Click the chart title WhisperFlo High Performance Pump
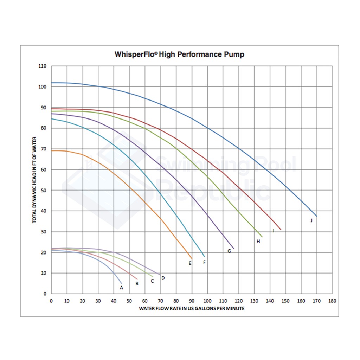[x=179, y=54]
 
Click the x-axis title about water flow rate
[x=192, y=308]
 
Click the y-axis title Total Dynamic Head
[x=34, y=180]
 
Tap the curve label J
[x=311, y=220]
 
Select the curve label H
[x=258, y=242]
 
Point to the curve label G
[x=229, y=251]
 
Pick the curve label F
[x=204, y=262]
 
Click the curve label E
[x=190, y=263]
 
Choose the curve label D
[x=163, y=278]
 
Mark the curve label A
[x=122, y=288]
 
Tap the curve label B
[x=137, y=283]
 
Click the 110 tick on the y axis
[x=43, y=66]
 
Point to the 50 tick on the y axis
[x=44, y=190]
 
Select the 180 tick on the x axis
[x=332, y=301]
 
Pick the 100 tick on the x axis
[x=207, y=301]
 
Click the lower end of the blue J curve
[x=317, y=216]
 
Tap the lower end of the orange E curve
[x=192, y=259]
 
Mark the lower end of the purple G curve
[x=234, y=249]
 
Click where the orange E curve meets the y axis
[x=52, y=150]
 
